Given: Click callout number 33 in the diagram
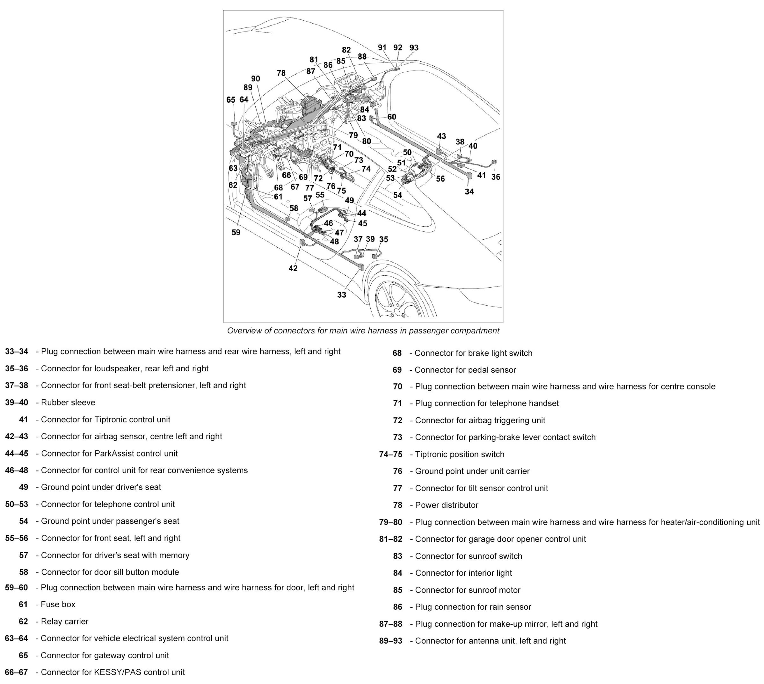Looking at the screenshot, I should pos(341,295).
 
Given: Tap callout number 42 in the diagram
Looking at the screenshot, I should pos(293,268).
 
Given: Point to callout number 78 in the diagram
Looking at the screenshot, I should pos(281,73).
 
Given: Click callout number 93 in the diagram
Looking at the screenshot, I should pos(414,48).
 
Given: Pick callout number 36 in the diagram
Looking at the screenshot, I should pos(496,177).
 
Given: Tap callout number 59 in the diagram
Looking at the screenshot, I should pos(236,232).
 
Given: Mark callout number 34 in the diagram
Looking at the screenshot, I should pos(469,192).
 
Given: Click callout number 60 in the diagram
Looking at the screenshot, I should pos(392,117).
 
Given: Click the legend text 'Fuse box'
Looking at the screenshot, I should pos(58,604).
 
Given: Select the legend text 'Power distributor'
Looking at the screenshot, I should pos(447,505).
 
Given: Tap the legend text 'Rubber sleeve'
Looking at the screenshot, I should pos(68,403).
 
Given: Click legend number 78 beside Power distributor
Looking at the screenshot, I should pos(397,505).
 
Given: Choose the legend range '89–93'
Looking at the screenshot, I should pos(390,641).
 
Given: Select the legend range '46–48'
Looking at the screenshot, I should pos(17,470).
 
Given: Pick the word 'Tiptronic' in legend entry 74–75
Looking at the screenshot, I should pos(432,455).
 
